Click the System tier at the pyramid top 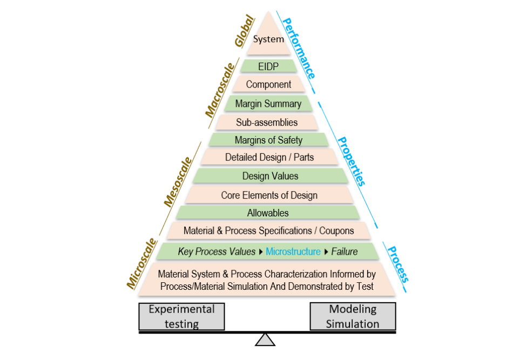(268, 39)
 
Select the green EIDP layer (268, 66)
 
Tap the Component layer (268, 84)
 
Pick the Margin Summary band (268, 104)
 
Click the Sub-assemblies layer (267, 122)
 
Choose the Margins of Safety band (268, 140)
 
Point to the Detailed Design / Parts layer (268, 158)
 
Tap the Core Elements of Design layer (269, 195)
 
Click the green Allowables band (268, 213)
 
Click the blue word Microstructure (293, 251)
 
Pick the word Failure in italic (345, 251)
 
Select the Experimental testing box (181, 316)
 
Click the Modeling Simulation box (353, 316)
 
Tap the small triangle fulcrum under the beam (265, 339)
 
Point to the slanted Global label (244, 33)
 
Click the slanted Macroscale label (220, 90)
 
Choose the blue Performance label (299, 45)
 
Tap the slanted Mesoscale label (178, 182)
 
